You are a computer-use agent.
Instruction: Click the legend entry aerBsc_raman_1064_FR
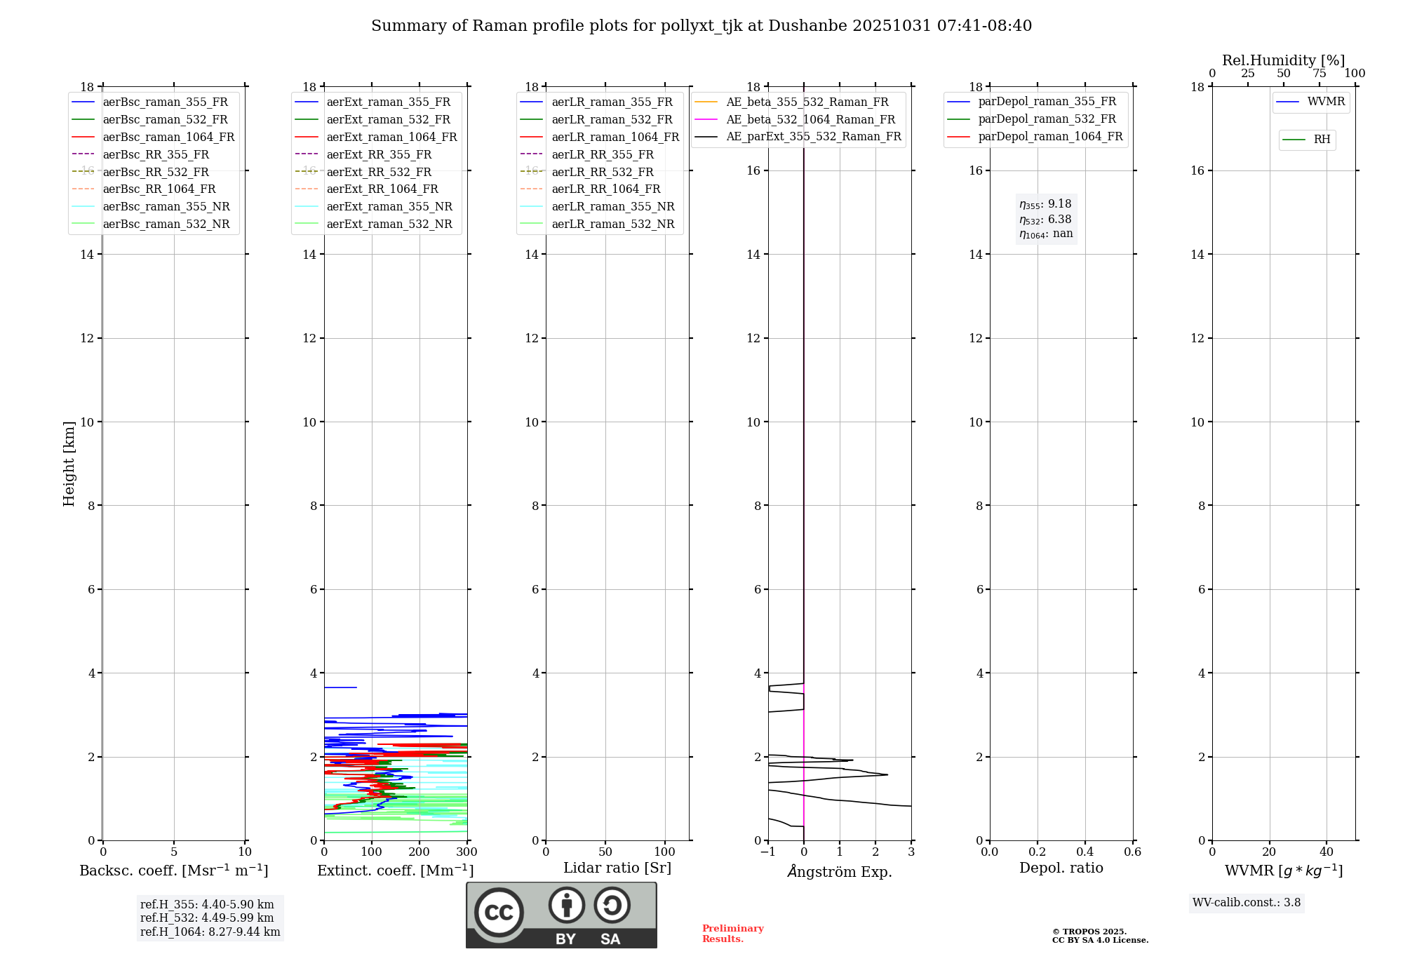168,137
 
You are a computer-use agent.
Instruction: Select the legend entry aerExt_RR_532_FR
379,173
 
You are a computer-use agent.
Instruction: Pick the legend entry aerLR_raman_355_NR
612,207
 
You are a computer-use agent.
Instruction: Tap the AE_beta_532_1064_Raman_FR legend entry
810,120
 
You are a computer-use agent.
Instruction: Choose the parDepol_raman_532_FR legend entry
1047,119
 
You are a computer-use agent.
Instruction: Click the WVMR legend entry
1326,102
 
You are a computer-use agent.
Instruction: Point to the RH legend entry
1322,140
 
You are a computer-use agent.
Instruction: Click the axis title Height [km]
69,464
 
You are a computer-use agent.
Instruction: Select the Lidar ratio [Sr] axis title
617,868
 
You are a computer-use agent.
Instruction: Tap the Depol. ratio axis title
1061,868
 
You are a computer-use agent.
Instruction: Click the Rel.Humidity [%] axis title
1283,60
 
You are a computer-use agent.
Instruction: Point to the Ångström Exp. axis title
840,872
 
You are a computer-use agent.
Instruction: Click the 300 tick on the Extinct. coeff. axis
467,852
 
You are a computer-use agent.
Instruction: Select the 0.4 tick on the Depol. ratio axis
1085,852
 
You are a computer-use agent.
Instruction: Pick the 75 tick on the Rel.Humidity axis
1320,74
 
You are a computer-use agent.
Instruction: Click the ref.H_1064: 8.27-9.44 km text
210,932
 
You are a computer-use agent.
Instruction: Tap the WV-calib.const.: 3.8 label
1247,903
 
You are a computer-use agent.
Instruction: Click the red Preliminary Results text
732,934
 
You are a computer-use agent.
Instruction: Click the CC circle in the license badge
499,913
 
